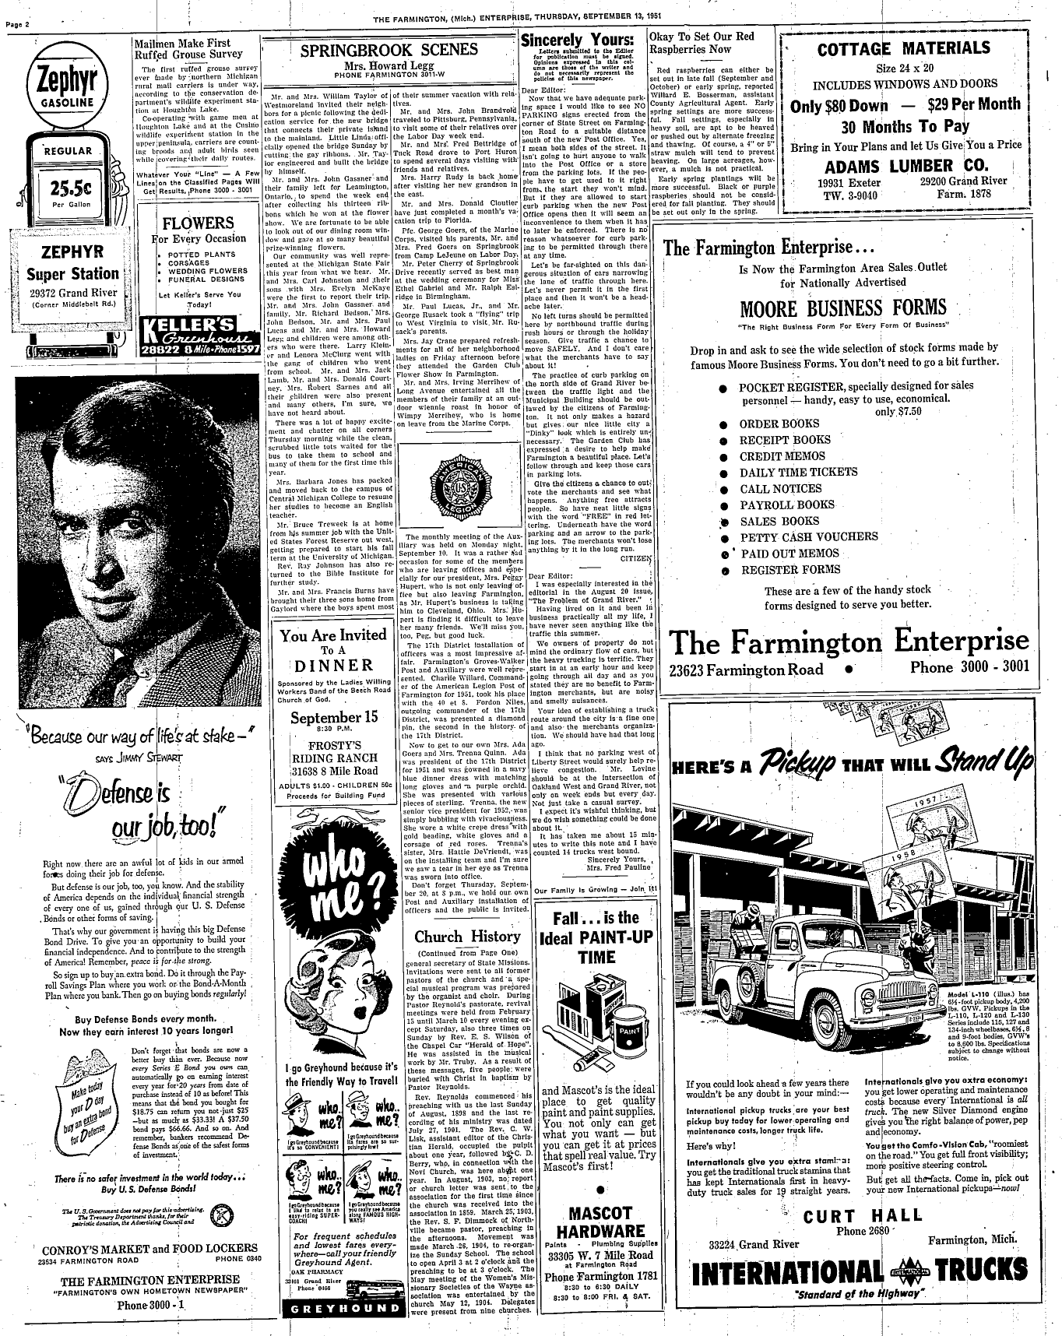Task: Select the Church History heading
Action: coord(466,937)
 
